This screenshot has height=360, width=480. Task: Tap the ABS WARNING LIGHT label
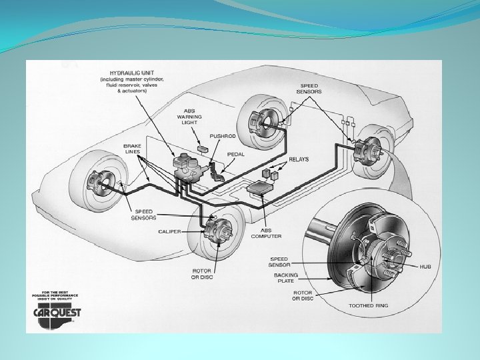click(x=189, y=117)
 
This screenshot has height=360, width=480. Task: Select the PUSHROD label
click(x=224, y=137)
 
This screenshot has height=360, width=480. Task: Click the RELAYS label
click(x=299, y=160)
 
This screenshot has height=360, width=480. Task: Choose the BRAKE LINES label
click(x=132, y=149)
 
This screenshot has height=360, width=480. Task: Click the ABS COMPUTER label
click(x=266, y=232)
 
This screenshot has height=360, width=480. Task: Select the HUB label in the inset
click(x=425, y=266)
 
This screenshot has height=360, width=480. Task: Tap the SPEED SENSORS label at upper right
click(x=309, y=89)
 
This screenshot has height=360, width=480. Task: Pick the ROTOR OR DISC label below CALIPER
click(x=202, y=274)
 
